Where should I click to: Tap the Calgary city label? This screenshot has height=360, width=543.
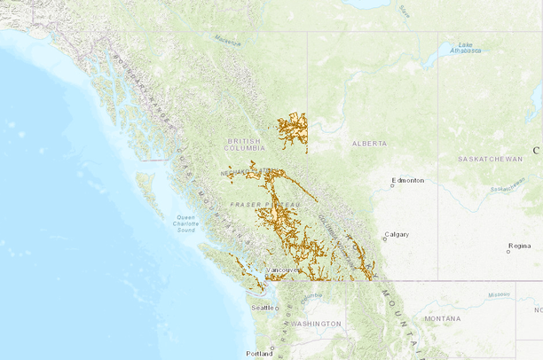click(x=397, y=235)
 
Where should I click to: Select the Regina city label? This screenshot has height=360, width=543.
click(x=519, y=246)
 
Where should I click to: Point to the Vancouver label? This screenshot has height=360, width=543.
click(x=283, y=270)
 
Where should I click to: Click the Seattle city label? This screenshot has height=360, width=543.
click(x=264, y=307)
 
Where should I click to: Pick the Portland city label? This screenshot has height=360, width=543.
click(x=260, y=353)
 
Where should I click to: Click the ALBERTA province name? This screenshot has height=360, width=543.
click(x=370, y=143)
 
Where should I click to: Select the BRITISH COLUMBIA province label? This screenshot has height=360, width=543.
click(x=246, y=145)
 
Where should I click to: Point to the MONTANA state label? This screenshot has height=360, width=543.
click(x=443, y=318)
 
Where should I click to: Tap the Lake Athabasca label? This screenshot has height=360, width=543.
click(x=465, y=48)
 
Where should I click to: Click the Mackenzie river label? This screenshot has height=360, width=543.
click(x=227, y=38)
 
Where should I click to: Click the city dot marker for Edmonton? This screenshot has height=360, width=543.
click(x=392, y=186)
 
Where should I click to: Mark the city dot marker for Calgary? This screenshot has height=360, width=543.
click(x=382, y=239)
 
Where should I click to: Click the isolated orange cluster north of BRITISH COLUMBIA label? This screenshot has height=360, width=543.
click(x=292, y=129)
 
